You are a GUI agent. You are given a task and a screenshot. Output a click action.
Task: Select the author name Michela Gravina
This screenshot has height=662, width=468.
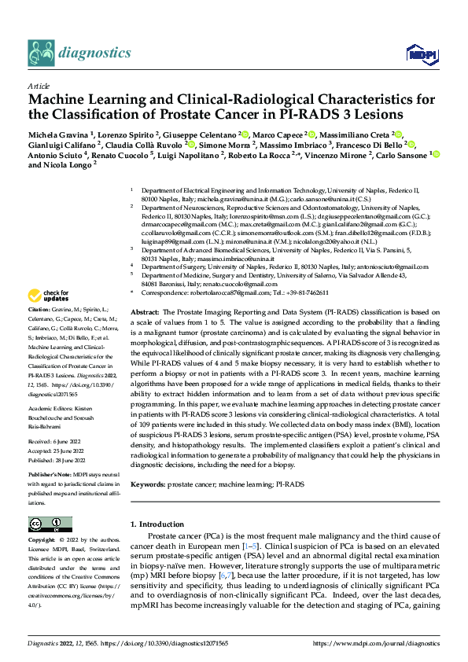coord(57,134)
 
